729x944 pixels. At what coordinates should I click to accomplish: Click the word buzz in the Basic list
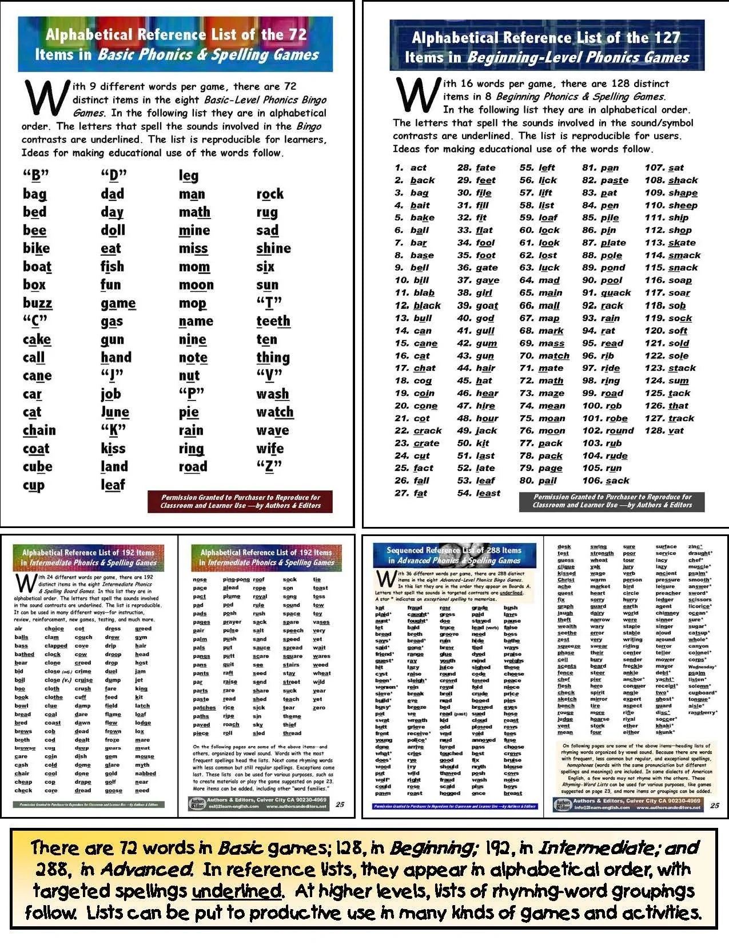pos(37,303)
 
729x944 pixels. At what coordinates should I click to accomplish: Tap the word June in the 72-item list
pos(115,412)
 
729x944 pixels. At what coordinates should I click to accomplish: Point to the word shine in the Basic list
pos(273,248)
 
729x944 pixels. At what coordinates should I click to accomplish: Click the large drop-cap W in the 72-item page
pos(46,97)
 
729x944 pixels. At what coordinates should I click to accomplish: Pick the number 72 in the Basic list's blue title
pos(297,34)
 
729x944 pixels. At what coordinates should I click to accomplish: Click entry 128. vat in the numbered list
pos(664,431)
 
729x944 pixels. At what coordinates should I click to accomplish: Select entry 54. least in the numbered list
pos(479,493)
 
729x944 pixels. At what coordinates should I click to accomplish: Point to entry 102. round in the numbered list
pos(608,431)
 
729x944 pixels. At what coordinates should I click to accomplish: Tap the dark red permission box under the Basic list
pos(240,501)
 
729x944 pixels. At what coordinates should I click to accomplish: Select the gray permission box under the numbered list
pos(611,501)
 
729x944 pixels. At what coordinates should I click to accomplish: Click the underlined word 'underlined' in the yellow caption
pos(237,891)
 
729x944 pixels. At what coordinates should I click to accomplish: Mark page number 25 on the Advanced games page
pos(714,806)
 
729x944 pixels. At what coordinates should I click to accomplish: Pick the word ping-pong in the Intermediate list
pos(236,580)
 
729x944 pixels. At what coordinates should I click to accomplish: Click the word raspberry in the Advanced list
pos(702,712)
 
